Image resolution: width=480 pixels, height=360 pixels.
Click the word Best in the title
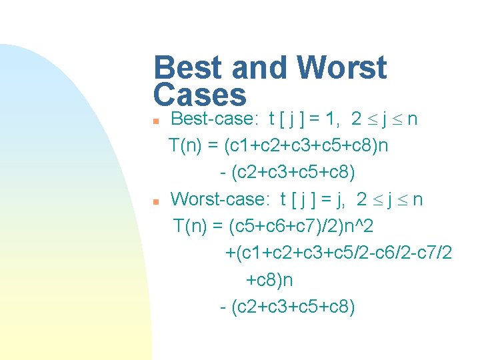point(187,68)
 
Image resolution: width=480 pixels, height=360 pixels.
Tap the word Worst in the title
point(341,68)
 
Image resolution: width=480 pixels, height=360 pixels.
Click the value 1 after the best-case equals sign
point(329,119)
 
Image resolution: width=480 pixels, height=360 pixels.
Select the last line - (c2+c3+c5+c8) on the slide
point(287,307)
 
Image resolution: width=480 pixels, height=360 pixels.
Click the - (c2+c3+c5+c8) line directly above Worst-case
point(287,173)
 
